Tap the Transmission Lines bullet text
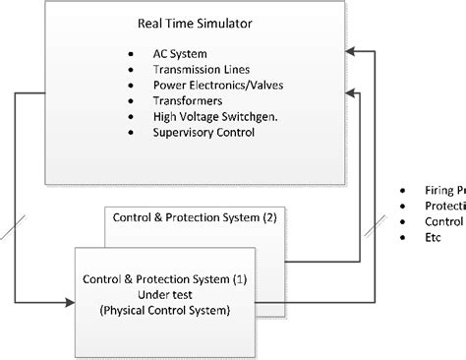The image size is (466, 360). point(202,70)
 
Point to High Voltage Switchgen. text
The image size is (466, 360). point(215,115)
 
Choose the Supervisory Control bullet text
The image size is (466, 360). point(204,131)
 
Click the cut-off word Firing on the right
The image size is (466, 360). point(440,189)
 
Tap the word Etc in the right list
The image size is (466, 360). point(434,237)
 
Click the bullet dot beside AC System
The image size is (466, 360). point(131,54)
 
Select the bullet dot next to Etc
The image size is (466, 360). point(403,237)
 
